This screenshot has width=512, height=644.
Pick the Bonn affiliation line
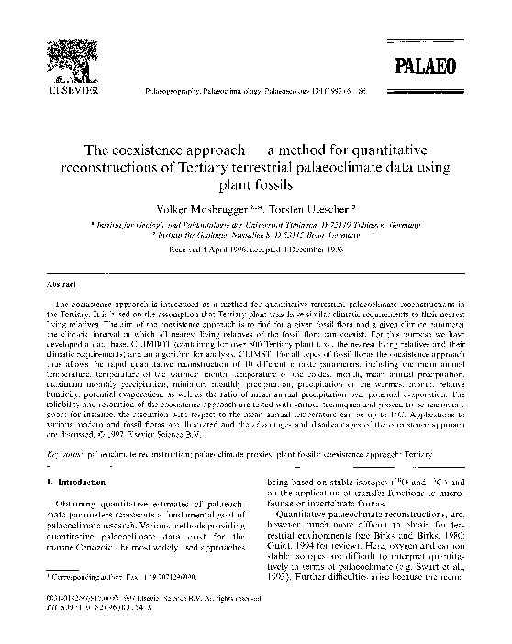tap(255, 235)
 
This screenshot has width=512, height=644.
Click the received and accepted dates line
tap(255, 247)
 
